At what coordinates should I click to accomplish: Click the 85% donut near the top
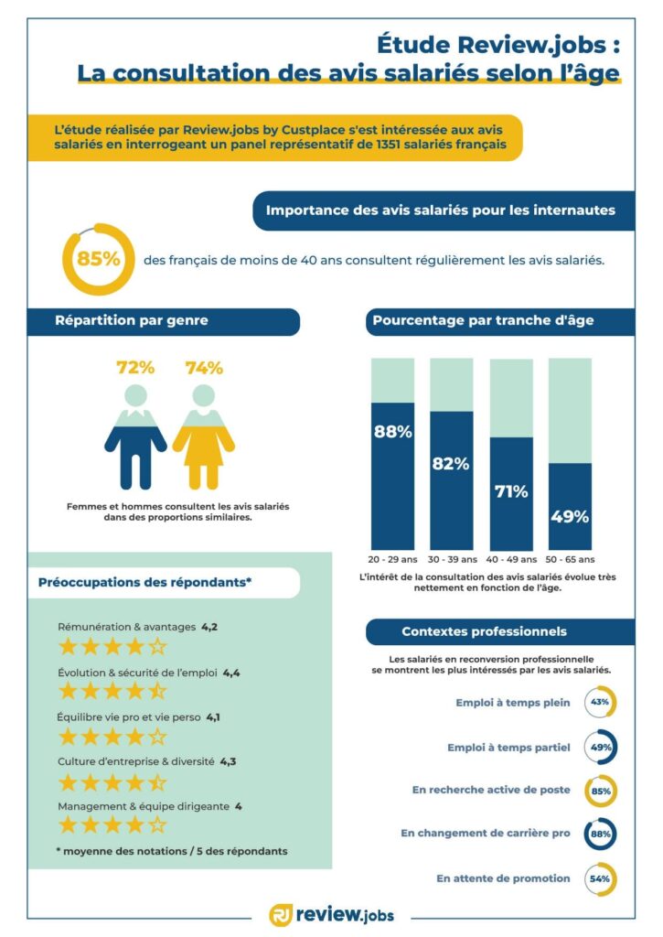(98, 259)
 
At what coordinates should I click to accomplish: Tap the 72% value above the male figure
(135, 368)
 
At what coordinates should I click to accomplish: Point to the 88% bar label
(392, 432)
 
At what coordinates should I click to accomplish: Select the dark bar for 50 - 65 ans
(570, 505)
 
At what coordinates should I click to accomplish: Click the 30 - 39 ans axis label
(452, 559)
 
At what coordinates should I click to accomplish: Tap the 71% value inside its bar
(511, 491)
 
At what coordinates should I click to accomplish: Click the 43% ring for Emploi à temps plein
(600, 703)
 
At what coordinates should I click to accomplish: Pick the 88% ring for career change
(600, 834)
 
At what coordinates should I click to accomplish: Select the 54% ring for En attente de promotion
(600, 878)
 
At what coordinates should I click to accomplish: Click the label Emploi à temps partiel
(508, 748)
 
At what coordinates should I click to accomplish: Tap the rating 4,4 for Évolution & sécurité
(231, 673)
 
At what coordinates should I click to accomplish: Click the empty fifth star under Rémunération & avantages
(158, 648)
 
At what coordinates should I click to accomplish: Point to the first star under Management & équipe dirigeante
(68, 825)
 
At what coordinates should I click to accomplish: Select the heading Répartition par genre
(132, 320)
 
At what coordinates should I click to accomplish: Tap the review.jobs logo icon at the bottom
(281, 914)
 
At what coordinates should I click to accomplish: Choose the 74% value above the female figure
(204, 368)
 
